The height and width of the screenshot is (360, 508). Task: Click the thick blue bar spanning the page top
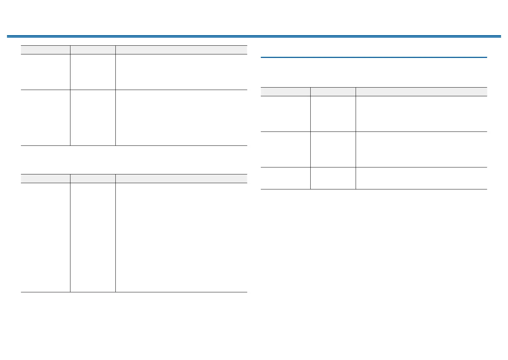click(x=254, y=36)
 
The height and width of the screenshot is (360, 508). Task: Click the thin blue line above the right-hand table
click(x=373, y=57)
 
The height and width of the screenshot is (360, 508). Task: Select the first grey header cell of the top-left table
click(x=45, y=50)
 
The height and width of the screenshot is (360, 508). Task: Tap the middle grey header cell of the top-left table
click(x=93, y=50)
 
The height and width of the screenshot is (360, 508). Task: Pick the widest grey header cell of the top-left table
click(x=181, y=50)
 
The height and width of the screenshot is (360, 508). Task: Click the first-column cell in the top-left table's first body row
click(x=45, y=72)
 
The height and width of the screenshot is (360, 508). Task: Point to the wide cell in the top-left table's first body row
click(x=181, y=72)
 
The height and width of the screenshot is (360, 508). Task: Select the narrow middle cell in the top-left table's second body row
click(x=93, y=118)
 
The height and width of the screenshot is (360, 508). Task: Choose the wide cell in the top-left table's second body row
click(x=181, y=118)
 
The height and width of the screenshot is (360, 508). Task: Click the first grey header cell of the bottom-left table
click(x=45, y=179)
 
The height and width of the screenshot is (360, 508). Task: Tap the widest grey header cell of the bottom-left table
click(x=181, y=179)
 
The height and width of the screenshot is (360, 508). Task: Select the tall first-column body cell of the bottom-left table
click(x=45, y=237)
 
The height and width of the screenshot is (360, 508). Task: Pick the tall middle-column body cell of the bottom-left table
click(x=93, y=237)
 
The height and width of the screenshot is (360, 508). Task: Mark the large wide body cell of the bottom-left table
click(x=181, y=237)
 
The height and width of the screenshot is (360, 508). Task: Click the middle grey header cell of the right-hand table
click(x=333, y=92)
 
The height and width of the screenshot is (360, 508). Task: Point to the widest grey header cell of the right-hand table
click(x=421, y=92)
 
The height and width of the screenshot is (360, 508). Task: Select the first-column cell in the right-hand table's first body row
click(x=286, y=114)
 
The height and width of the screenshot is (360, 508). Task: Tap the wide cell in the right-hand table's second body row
click(x=421, y=149)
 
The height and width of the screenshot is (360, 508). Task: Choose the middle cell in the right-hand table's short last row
click(x=333, y=178)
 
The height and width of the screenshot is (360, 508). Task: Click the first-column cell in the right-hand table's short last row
click(x=286, y=178)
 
